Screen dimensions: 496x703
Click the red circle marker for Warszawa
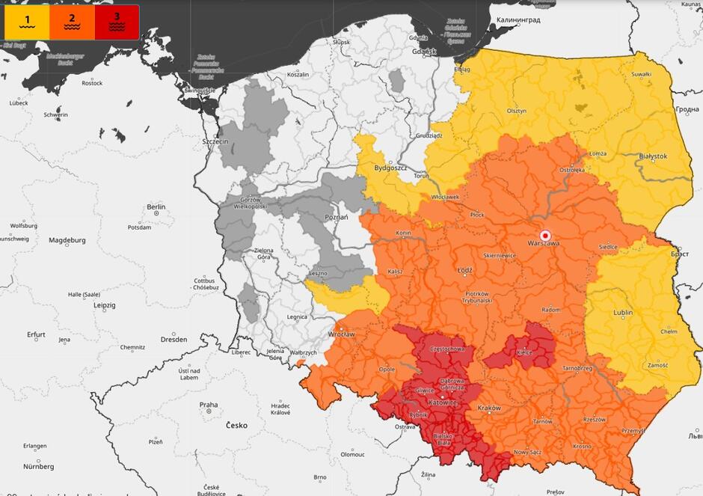pyautogui.click(x=545, y=233)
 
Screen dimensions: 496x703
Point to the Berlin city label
pyautogui.click(x=156, y=207)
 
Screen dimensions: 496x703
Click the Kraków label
pyautogui.click(x=488, y=408)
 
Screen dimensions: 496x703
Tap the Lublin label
pyautogui.click(x=622, y=313)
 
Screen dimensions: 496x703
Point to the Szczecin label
pyautogui.click(x=215, y=141)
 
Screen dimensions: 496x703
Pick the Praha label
pyautogui.click(x=209, y=405)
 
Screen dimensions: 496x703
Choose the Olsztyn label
pyautogui.click(x=517, y=110)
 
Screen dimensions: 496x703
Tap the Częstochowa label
pyautogui.click(x=448, y=349)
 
